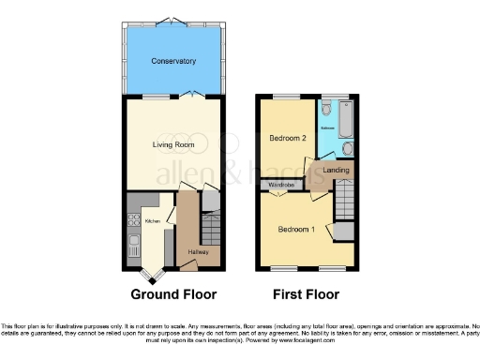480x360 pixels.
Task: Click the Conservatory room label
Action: (173, 61)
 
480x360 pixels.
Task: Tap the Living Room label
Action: (172, 145)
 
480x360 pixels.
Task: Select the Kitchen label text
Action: (152, 221)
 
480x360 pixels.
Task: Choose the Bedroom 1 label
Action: (294, 229)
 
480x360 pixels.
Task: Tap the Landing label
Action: (337, 171)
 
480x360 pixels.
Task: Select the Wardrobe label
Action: (282, 186)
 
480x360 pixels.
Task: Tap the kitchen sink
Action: (132, 249)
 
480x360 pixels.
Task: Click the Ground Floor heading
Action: (173, 293)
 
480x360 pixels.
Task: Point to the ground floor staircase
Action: (213, 228)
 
